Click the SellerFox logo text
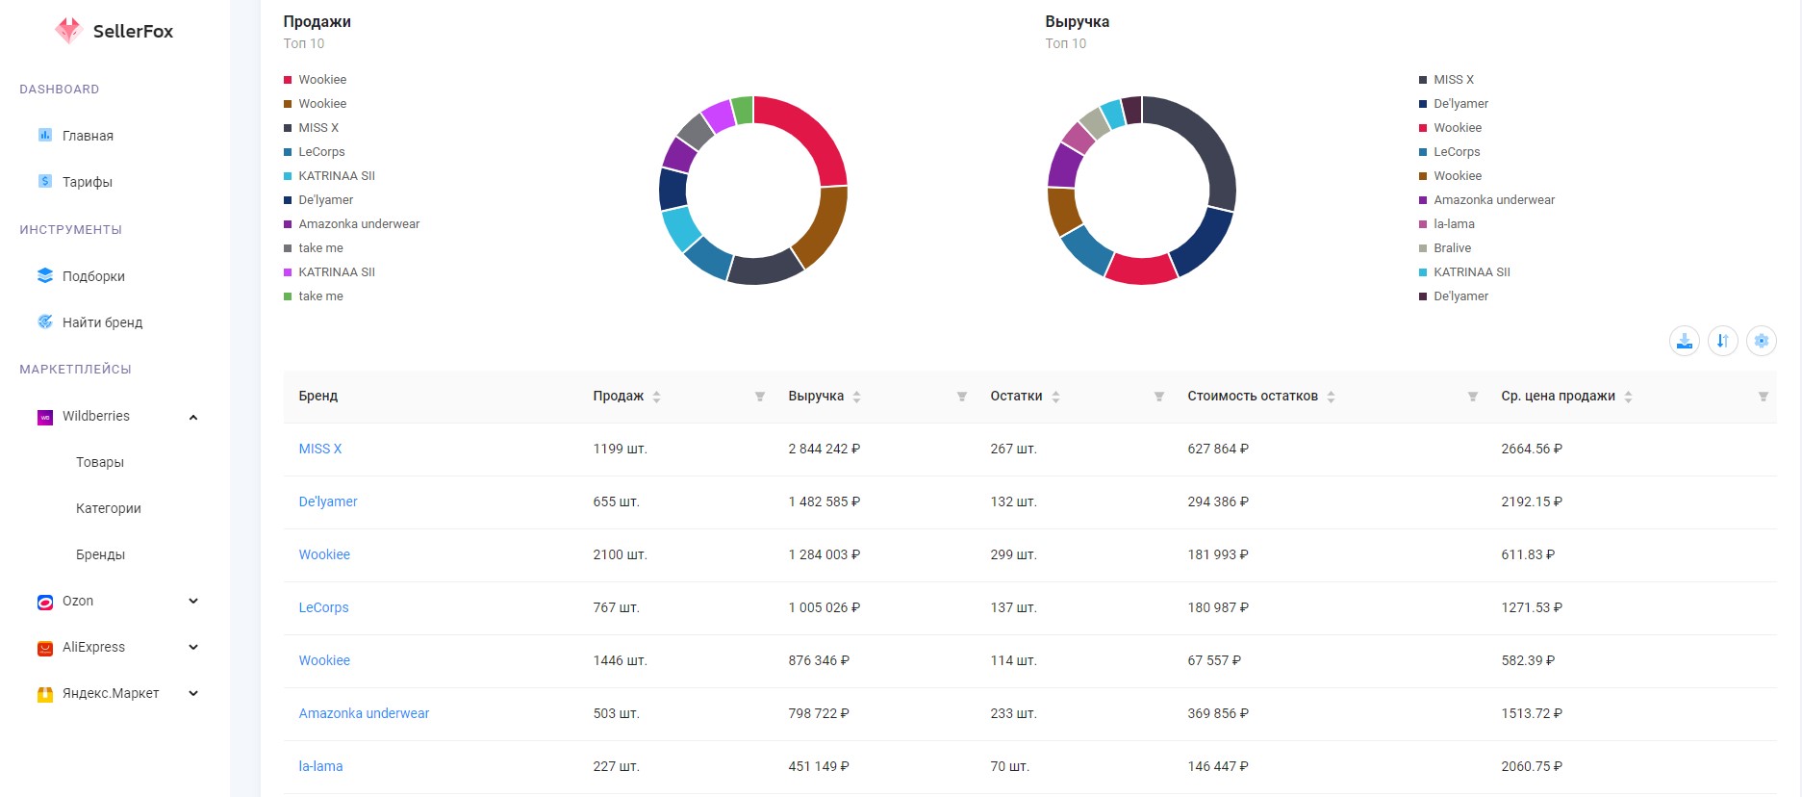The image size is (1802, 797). tap(133, 31)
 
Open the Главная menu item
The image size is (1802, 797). tap(88, 136)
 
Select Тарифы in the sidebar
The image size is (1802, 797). tap(88, 182)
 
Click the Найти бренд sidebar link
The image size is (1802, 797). tap(102, 322)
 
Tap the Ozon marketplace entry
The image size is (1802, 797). tap(78, 601)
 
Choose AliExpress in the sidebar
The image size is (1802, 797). tap(93, 647)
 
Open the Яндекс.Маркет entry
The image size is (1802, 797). tap(111, 693)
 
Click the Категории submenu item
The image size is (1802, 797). tap(109, 508)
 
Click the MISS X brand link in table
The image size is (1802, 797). tap(320, 449)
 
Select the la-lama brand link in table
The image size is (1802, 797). tap(320, 766)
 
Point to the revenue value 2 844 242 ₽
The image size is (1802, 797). tap(824, 449)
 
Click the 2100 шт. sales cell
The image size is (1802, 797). tap(620, 554)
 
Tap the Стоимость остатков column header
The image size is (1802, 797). tap(1253, 396)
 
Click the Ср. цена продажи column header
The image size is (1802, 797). tap(1558, 396)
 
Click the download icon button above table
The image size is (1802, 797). tap(1684, 341)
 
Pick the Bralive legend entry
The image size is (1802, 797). tap(1452, 248)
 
